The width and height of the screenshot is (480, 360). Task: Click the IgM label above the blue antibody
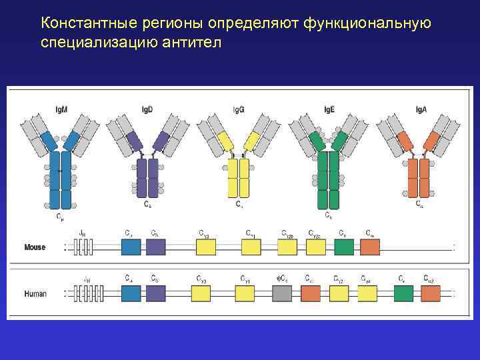[61, 109]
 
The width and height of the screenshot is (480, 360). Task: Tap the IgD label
[147, 109]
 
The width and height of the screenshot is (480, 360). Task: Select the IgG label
[239, 109]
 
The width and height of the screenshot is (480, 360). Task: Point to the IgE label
[329, 109]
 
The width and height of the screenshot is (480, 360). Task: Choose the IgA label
[421, 109]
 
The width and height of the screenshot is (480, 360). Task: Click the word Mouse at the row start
[35, 247]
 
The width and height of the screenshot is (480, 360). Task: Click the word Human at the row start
[35, 293]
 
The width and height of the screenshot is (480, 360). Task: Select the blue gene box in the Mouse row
[131, 247]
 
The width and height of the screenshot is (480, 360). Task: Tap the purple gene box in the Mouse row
[155, 247]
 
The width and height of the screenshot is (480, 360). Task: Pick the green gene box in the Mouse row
[344, 247]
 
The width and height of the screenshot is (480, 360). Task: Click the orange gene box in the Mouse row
[370, 247]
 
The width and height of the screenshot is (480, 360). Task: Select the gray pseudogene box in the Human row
[281, 293]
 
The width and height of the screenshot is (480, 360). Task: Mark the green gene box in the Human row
[403, 293]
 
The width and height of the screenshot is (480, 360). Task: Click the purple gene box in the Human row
[155, 293]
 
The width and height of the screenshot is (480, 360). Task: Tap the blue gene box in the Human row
[131, 293]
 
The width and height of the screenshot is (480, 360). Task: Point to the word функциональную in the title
[367, 24]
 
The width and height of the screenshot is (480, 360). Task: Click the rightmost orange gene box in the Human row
[430, 293]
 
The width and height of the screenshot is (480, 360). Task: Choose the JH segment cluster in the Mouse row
[83, 247]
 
